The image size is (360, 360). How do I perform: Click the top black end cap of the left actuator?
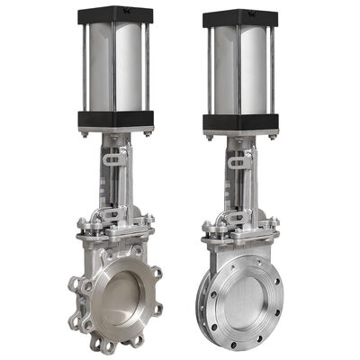pos(114,14)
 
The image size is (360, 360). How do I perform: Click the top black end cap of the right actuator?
pos(239,17)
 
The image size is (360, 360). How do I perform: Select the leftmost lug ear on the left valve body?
pos(73,288)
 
